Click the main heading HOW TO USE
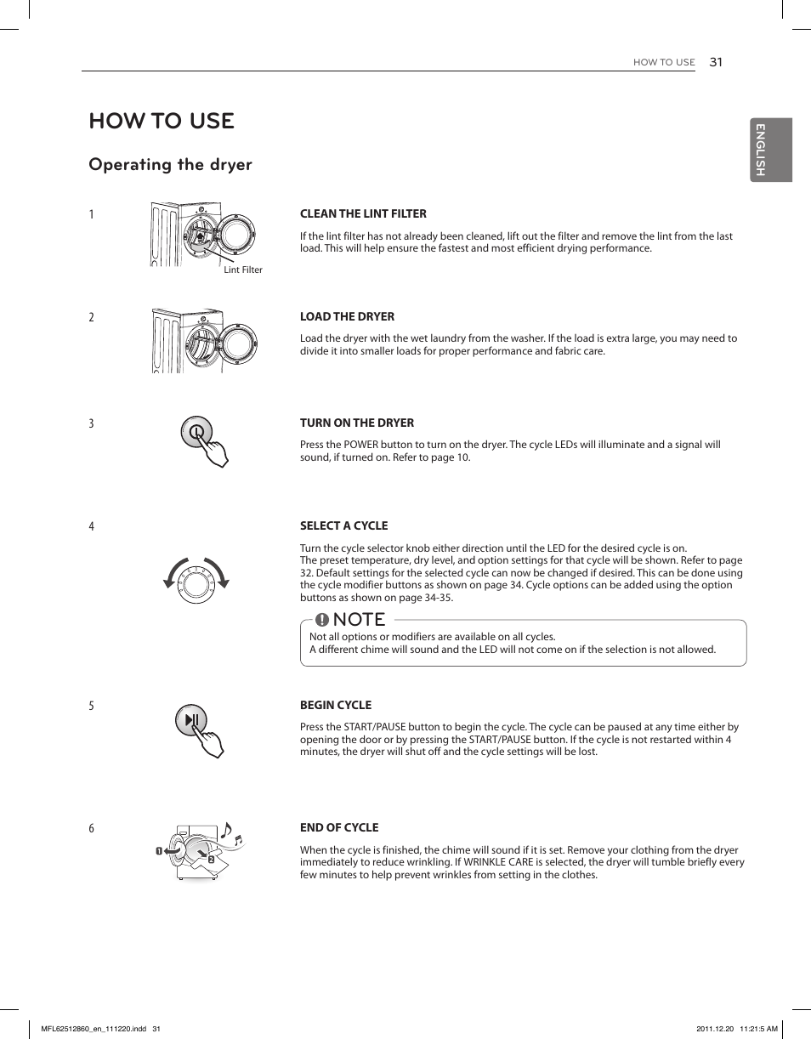point(162,121)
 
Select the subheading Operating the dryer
point(170,164)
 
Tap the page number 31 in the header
point(715,62)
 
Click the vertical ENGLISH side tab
point(770,150)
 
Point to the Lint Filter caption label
point(243,270)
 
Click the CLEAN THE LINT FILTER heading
point(363,213)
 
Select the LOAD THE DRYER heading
point(347,316)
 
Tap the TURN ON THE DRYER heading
point(357,423)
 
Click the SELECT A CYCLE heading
point(343,525)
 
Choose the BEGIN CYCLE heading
point(336,705)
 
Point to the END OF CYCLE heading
point(339,827)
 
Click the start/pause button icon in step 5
point(191,720)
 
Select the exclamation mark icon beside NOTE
point(322,619)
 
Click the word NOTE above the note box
point(360,619)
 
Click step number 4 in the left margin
point(92,526)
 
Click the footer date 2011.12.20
point(714,1028)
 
